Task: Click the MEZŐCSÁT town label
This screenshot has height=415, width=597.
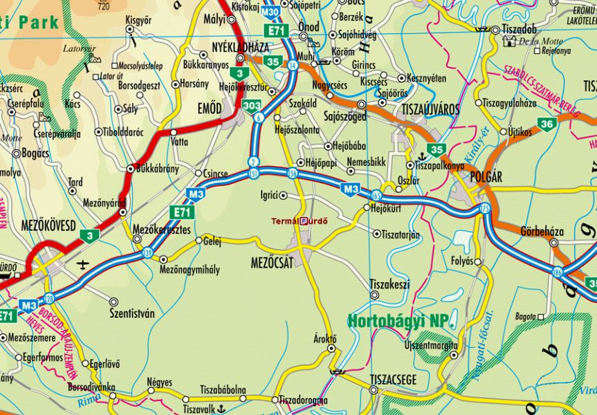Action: tap(272, 264)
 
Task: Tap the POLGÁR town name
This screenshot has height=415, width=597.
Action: tap(485, 176)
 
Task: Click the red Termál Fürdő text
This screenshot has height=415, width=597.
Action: tap(299, 221)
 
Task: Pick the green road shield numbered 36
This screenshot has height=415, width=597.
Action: tap(547, 124)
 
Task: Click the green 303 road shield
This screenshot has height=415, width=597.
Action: tap(251, 106)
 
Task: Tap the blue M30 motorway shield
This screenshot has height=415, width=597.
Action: tap(271, 12)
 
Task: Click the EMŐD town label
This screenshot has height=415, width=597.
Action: tap(210, 109)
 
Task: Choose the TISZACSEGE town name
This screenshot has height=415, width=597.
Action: tap(392, 380)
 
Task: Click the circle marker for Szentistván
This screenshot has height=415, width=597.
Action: tap(113, 302)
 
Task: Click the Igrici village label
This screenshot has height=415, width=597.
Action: tap(268, 195)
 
